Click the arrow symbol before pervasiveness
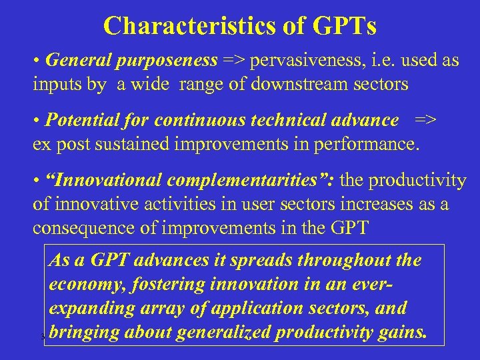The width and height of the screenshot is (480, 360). [234, 61]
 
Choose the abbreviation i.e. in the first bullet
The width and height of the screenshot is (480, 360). [379, 61]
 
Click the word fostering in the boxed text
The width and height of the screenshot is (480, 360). [175, 284]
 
